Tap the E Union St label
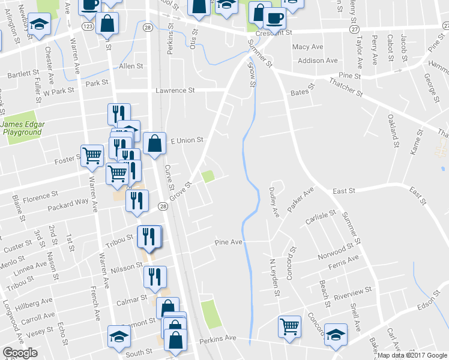pyautogui.click(x=187, y=140)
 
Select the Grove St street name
pyautogui.click(x=179, y=193)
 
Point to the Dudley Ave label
pyautogui.click(x=274, y=202)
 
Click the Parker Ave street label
pyautogui.click(x=301, y=199)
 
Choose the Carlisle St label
pyautogui.click(x=320, y=216)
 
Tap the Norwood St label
pyautogui.click(x=332, y=248)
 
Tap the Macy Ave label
pyautogui.click(x=307, y=47)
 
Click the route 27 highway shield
pyautogui.click(x=355, y=29)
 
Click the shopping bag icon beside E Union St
pyautogui.click(x=155, y=143)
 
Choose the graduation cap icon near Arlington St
pyautogui.click(x=39, y=25)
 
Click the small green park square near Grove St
pyautogui.click(x=208, y=176)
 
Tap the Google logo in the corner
pyautogui.click(x=20, y=353)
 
